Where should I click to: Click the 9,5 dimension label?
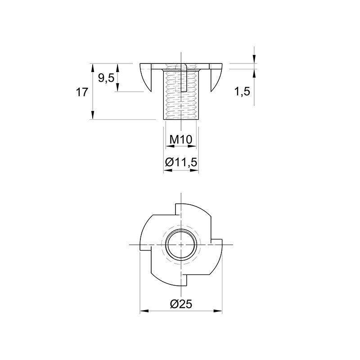click(106, 78)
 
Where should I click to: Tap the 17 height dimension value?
click(82, 92)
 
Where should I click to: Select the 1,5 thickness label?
click(242, 92)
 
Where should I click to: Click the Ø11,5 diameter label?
click(181, 162)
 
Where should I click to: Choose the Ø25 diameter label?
click(181, 305)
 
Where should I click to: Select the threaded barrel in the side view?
click(181, 94)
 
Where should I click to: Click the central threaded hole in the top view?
click(181, 245)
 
